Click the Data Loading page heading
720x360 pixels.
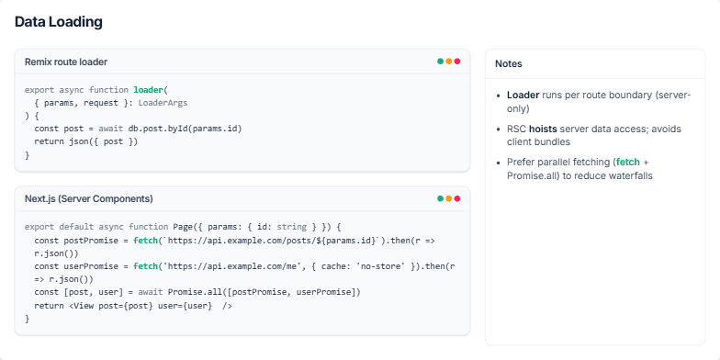point(58,21)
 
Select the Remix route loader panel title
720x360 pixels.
point(66,62)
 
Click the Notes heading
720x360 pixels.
point(509,63)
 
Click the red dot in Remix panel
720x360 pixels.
point(457,62)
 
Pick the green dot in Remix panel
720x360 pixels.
point(441,62)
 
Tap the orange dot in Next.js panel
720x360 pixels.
point(449,198)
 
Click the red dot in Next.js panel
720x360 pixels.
point(457,198)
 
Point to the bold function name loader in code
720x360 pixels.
point(148,90)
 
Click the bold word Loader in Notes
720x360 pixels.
point(523,95)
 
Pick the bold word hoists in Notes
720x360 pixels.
point(543,129)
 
